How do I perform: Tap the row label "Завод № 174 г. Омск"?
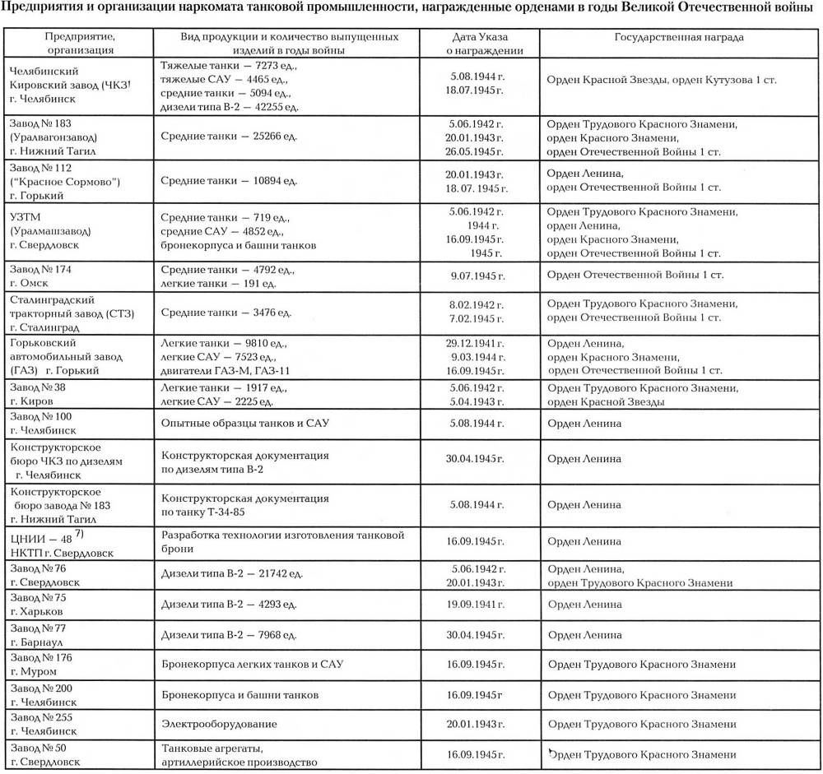40,276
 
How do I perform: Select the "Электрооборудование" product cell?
218,724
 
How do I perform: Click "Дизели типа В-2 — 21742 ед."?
234,569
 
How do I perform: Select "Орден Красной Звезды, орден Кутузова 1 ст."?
662,80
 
